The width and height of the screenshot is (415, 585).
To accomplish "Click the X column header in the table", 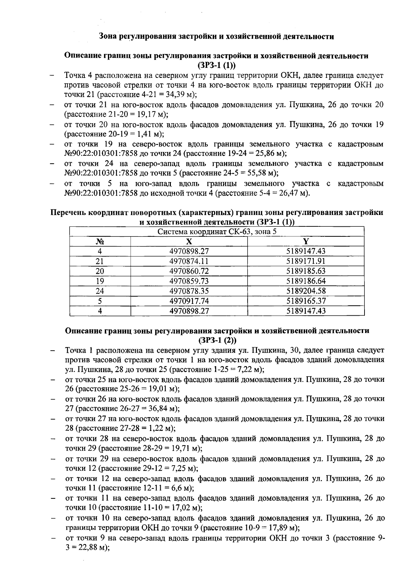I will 189,242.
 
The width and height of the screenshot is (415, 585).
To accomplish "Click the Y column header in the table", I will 306,242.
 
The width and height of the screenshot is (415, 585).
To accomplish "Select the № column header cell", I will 100,242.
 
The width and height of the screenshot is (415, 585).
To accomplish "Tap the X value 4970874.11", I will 189,261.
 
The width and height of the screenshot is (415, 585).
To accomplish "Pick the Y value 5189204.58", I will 306,291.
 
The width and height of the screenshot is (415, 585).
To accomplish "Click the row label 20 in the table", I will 100,271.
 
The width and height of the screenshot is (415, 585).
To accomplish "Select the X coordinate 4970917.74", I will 189,301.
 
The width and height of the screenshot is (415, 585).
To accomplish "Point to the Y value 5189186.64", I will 306,281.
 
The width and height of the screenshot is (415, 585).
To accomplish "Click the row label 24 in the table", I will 100,291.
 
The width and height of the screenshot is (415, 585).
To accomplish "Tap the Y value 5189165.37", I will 306,301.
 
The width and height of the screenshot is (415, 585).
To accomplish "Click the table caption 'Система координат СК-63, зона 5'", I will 217,232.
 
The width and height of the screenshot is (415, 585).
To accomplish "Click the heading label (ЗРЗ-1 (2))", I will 217,340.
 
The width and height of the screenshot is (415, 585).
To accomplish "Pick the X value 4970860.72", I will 189,271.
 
